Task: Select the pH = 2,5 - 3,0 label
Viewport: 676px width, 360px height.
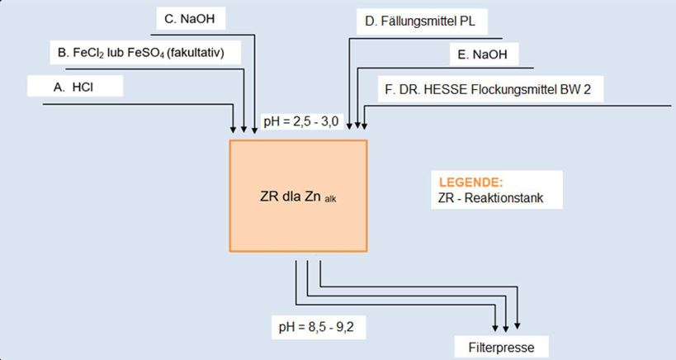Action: [301, 121]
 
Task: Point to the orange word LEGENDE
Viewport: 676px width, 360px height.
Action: [470, 182]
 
